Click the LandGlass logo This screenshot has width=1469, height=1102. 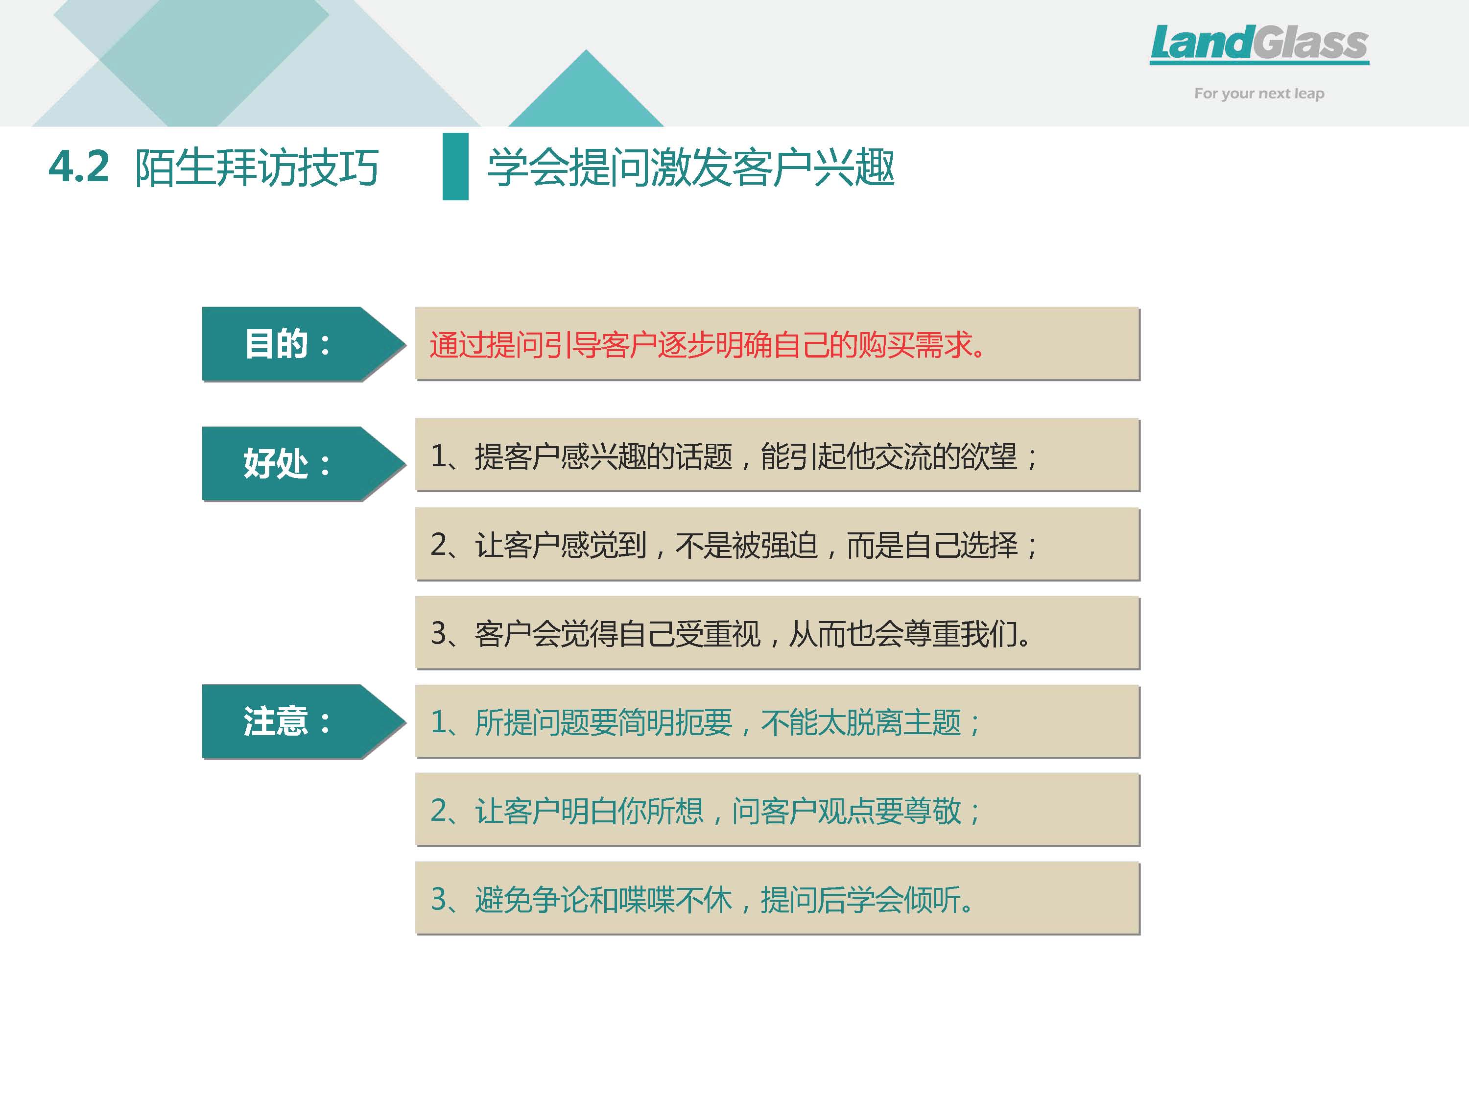1259,44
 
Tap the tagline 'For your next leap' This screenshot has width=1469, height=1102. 1259,94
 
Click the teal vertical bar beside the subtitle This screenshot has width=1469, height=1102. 455,166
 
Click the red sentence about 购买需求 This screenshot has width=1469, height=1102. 707,345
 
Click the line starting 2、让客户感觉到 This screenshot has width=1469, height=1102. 734,545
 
